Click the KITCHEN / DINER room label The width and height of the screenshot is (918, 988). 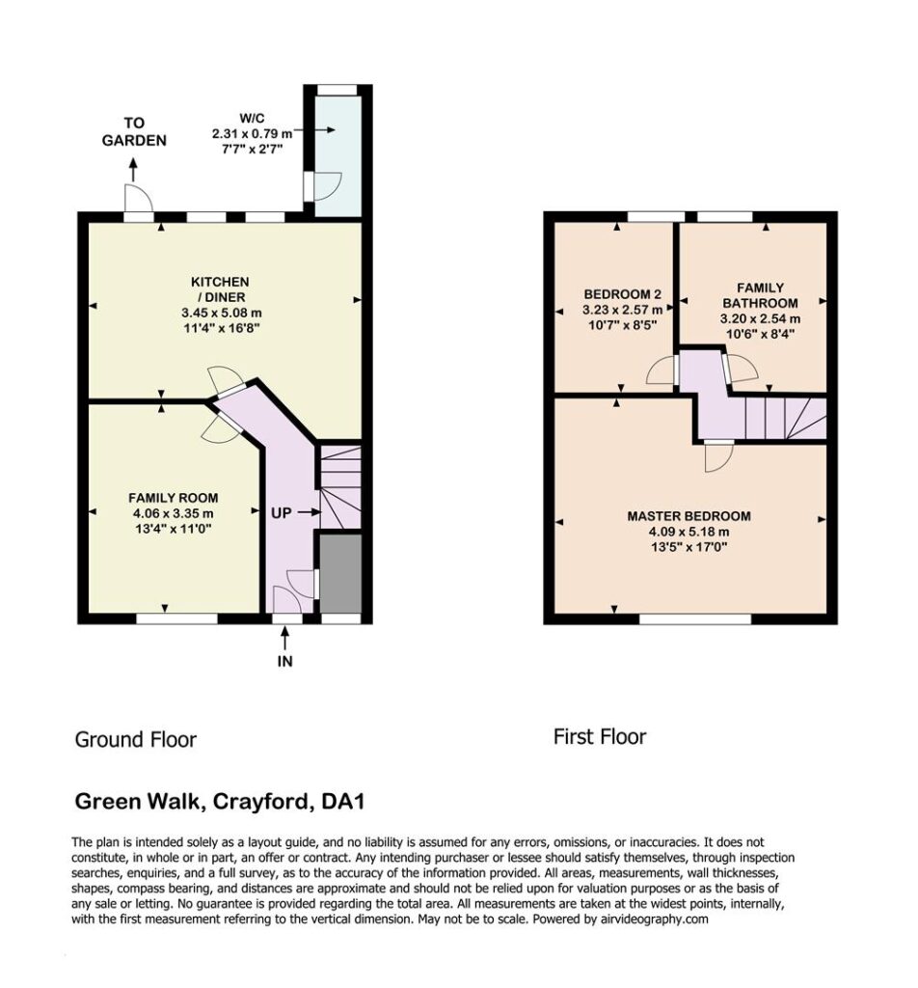pyautogui.click(x=221, y=289)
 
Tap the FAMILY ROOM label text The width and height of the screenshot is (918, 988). pyautogui.click(x=174, y=498)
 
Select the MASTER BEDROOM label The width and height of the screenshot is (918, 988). pyautogui.click(x=688, y=516)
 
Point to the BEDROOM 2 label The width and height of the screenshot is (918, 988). pyautogui.click(x=622, y=294)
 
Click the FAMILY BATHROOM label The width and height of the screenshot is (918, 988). pyautogui.click(x=760, y=295)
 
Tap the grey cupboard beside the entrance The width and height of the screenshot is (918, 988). pyautogui.click(x=340, y=573)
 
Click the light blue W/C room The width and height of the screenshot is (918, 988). pyautogui.click(x=338, y=155)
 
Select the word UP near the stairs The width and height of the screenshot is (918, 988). pyautogui.click(x=281, y=513)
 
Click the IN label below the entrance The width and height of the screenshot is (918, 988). pyautogui.click(x=285, y=661)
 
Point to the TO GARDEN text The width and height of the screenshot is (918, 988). pyautogui.click(x=134, y=131)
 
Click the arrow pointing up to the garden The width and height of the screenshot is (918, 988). pyautogui.click(x=133, y=170)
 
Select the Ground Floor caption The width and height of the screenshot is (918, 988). pyautogui.click(x=136, y=739)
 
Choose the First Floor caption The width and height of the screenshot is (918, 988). pyautogui.click(x=600, y=736)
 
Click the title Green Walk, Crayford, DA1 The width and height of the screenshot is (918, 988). pyautogui.click(x=220, y=802)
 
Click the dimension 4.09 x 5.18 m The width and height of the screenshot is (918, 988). pyautogui.click(x=688, y=532)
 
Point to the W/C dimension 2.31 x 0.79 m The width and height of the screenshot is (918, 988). pyautogui.click(x=252, y=133)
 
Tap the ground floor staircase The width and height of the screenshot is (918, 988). pyautogui.click(x=340, y=487)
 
